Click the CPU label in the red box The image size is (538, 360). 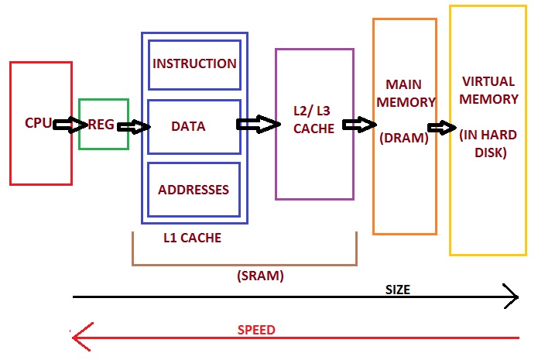point(38,123)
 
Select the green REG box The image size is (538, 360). point(103,124)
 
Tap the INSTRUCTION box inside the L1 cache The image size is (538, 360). point(194,63)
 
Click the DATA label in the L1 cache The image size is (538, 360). point(188,126)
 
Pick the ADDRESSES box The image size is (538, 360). point(194,190)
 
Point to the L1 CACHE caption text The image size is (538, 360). point(192,238)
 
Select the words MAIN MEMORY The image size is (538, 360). point(404,92)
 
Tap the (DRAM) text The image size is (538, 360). point(404,139)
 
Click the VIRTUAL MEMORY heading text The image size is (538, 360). point(489,90)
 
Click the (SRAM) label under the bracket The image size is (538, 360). point(259,276)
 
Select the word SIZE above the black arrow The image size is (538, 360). point(397,290)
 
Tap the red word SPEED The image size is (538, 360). point(255,330)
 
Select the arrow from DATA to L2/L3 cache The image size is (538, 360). point(258,124)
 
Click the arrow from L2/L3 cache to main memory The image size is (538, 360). point(360,125)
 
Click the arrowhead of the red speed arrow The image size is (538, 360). point(77,335)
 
